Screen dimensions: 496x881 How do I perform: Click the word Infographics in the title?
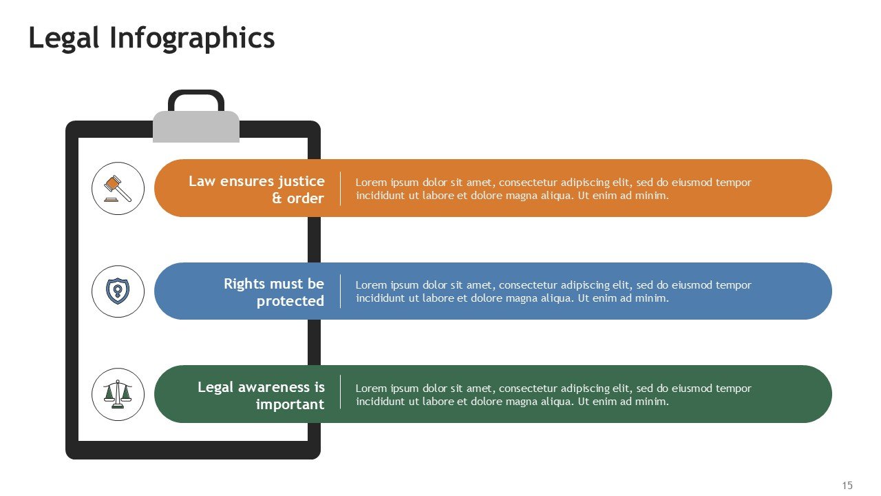(x=192, y=39)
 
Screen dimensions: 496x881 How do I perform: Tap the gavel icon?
(x=118, y=188)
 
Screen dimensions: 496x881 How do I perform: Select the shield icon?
(x=118, y=291)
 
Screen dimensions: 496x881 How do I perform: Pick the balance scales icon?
(x=118, y=394)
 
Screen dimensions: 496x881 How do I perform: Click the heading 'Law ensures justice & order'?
(x=256, y=189)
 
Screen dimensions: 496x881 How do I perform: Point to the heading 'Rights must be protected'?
(x=273, y=292)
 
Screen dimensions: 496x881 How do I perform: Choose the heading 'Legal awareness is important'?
(x=261, y=395)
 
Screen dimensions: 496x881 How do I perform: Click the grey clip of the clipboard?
(x=196, y=127)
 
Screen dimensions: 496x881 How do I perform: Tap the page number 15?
(x=847, y=486)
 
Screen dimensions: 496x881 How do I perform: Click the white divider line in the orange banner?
(x=341, y=189)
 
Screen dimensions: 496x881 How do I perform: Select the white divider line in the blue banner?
(x=341, y=291)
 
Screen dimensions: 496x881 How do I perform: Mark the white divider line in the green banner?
(x=341, y=394)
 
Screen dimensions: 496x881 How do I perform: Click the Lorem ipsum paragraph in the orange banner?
(x=553, y=189)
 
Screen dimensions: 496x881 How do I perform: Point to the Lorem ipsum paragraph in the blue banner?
(x=553, y=291)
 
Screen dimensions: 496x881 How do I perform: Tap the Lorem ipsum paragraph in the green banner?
(x=553, y=394)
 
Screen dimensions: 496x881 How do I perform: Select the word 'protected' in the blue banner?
(x=290, y=301)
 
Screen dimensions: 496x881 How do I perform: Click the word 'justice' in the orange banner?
(x=301, y=181)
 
